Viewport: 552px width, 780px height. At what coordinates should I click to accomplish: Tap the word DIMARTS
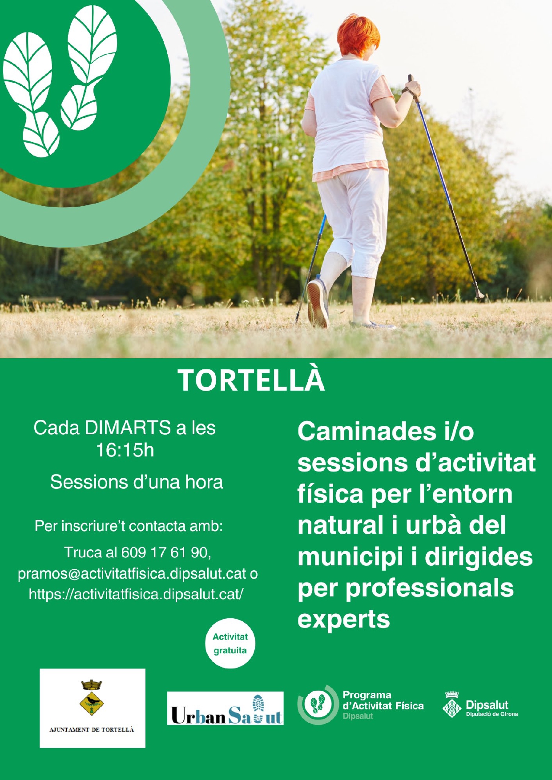(x=128, y=428)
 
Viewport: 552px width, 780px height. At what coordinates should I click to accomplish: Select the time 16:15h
(x=125, y=450)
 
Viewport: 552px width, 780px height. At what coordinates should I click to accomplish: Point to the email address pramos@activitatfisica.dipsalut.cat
(x=132, y=574)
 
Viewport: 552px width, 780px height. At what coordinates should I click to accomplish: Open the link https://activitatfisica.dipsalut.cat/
(x=136, y=594)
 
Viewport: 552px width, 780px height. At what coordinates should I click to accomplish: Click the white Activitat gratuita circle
(x=230, y=643)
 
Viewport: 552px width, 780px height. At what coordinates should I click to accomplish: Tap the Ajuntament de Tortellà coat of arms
(x=91, y=698)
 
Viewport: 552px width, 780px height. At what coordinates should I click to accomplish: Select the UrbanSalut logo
(x=225, y=708)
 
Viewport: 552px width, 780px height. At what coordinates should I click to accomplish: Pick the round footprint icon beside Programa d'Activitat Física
(x=318, y=705)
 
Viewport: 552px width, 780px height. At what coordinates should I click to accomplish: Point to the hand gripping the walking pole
(x=411, y=90)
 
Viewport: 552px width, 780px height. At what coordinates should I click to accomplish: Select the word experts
(x=343, y=620)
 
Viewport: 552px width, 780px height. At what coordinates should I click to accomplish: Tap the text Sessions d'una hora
(x=137, y=482)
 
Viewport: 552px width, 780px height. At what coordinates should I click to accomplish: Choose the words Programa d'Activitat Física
(x=383, y=700)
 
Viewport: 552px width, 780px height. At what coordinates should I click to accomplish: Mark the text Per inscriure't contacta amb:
(x=129, y=526)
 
